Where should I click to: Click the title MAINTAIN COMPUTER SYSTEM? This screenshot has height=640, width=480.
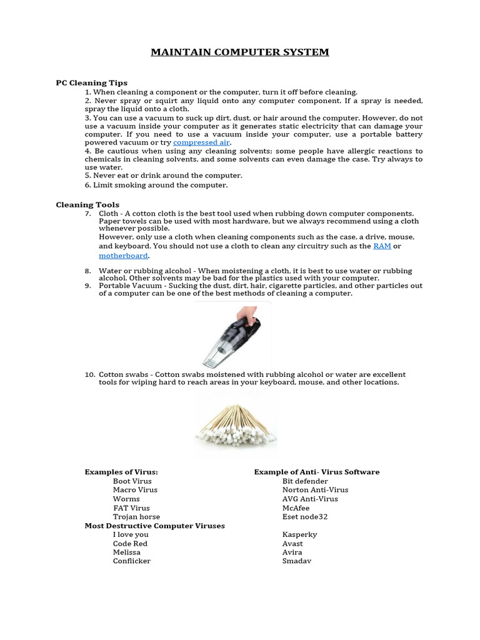(x=239, y=52)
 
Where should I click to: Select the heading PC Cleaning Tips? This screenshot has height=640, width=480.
(x=91, y=82)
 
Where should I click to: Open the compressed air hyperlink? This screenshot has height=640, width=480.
(x=201, y=142)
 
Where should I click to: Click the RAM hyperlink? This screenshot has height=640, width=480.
(x=382, y=246)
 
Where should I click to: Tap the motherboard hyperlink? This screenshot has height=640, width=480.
(x=124, y=256)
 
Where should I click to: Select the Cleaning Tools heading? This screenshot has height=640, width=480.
(x=87, y=204)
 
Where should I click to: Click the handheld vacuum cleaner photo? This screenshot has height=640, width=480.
(x=232, y=335)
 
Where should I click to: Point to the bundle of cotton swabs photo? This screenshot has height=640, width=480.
(x=236, y=425)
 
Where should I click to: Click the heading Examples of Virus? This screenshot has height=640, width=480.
(x=121, y=472)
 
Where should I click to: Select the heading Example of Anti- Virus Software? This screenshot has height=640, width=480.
(x=316, y=472)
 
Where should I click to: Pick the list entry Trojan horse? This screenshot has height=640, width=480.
(x=136, y=517)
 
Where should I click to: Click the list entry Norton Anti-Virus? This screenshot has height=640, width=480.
(x=315, y=490)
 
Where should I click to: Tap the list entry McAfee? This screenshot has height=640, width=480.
(x=296, y=508)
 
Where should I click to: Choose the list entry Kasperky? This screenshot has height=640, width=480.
(x=299, y=535)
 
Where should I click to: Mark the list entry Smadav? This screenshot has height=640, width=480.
(x=297, y=561)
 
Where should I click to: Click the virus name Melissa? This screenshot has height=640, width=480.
(x=127, y=552)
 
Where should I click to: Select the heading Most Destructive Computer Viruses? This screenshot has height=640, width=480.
(x=154, y=526)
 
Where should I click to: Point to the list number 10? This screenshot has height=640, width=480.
(x=89, y=374)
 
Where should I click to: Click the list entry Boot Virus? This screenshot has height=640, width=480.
(x=132, y=481)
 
